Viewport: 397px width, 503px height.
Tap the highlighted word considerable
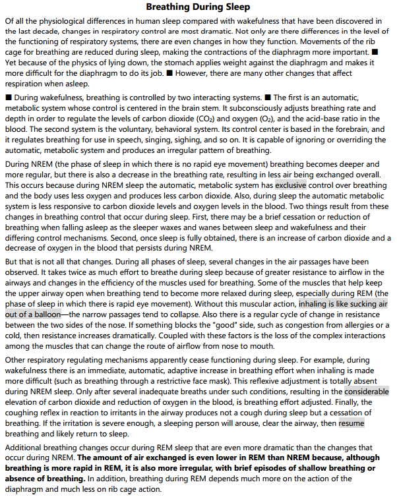(366, 391)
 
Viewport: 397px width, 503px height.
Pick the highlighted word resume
(351, 423)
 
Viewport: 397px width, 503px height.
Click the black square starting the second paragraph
(8, 98)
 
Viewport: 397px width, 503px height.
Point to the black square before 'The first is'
(268, 98)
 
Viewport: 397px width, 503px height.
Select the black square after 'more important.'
(375, 51)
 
